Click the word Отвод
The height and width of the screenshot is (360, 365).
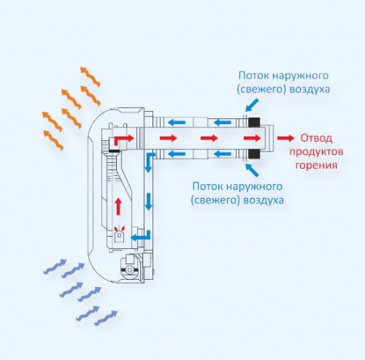pyautogui.click(x=317, y=138)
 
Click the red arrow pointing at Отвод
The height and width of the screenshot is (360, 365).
pyautogui.click(x=286, y=139)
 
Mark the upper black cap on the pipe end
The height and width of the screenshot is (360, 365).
pyautogui.click(x=252, y=124)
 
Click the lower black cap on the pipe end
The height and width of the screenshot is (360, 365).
pyautogui.click(x=252, y=152)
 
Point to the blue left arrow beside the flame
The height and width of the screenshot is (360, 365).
pyautogui.click(x=141, y=236)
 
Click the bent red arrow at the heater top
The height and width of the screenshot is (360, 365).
pyautogui.click(x=119, y=141)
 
